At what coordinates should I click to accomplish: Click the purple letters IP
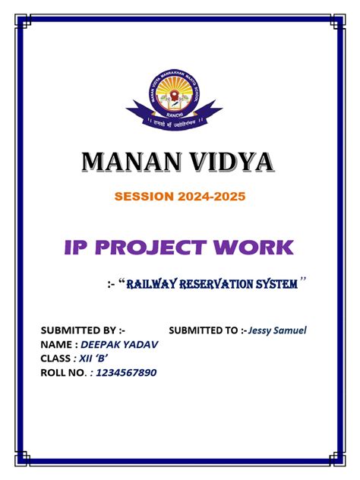pyautogui.click(x=84, y=247)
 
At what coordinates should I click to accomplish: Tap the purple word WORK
pyautogui.click(x=256, y=247)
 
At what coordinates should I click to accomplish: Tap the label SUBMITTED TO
pyautogui.click(x=207, y=330)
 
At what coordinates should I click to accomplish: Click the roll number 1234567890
pyautogui.click(x=128, y=372)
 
